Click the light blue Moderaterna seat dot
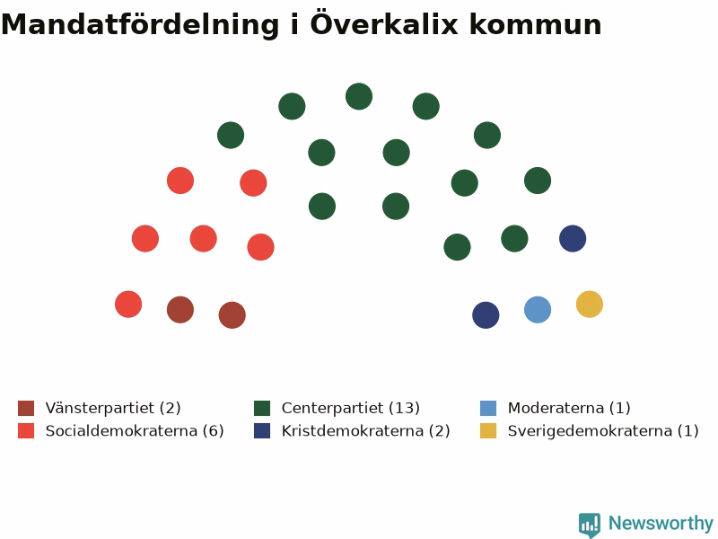pyautogui.click(x=538, y=310)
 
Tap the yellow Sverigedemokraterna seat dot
pyautogui.click(x=590, y=305)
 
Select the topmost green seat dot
pyautogui.click(x=359, y=96)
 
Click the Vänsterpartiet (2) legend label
pyautogui.click(x=113, y=408)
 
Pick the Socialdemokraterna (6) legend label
pyautogui.click(x=135, y=431)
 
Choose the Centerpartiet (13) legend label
pyautogui.click(x=351, y=408)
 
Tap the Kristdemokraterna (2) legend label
pyautogui.click(x=366, y=431)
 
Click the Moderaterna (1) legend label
pyautogui.click(x=569, y=408)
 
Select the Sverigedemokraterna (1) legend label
pyautogui.click(x=603, y=431)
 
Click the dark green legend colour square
pyautogui.click(x=262, y=408)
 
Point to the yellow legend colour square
pyautogui.click(x=488, y=431)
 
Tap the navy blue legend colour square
pyautogui.click(x=262, y=431)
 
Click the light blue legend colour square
pyautogui.click(x=488, y=408)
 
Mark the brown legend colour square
pyautogui.click(x=26, y=408)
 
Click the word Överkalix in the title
pyautogui.click(x=384, y=23)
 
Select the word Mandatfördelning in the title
pyautogui.click(x=140, y=25)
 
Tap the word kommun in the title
pyautogui.click(x=535, y=25)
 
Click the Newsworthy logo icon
pyautogui.click(x=590, y=525)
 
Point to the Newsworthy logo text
pyautogui.click(x=661, y=523)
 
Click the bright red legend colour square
pyautogui.click(x=26, y=431)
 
